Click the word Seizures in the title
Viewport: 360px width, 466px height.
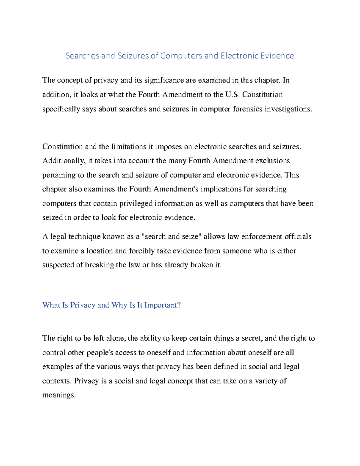pyautogui.click(x=133, y=56)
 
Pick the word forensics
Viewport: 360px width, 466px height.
pyautogui.click(x=247, y=109)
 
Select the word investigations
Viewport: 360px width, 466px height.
pyautogui.click(x=288, y=109)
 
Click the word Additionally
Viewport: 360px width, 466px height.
pyautogui.click(x=63, y=161)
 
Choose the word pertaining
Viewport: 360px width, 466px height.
pyautogui.click(x=59, y=175)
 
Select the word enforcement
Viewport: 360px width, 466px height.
pyautogui.click(x=262, y=237)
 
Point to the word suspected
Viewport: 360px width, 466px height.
pyautogui.click(x=58, y=265)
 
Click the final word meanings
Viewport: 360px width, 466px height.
pyautogui.click(x=59, y=395)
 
